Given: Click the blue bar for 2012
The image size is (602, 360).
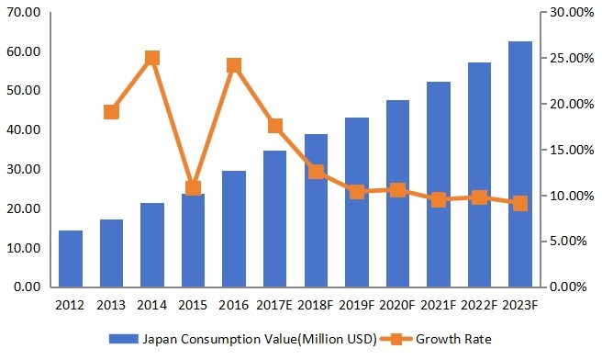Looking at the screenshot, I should point(71,258).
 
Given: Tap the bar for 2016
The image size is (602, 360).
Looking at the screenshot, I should point(234,229).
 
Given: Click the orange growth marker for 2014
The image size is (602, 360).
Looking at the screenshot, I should point(152,58).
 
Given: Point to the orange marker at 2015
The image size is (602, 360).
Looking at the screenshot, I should point(193,188).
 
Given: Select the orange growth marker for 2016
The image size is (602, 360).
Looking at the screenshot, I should point(234,65).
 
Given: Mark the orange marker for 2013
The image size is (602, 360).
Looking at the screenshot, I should point(111,112).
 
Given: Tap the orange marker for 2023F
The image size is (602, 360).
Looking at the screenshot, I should point(520,203).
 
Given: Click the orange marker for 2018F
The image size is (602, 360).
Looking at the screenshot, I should point(316,172).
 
